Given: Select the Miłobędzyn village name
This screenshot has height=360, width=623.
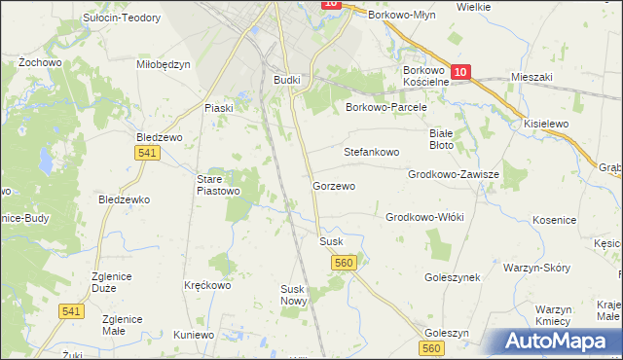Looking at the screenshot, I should click(x=164, y=64).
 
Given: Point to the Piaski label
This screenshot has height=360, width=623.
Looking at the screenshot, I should click(x=218, y=108).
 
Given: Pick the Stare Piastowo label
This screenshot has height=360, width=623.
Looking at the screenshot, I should click(x=219, y=185).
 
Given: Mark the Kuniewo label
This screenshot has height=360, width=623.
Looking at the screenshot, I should click(x=194, y=335).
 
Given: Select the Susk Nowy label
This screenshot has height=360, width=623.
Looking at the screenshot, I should click(x=294, y=295).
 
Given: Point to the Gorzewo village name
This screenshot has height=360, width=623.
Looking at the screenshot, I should click(x=334, y=185).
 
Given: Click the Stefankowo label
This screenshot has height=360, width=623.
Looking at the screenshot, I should click(x=372, y=153).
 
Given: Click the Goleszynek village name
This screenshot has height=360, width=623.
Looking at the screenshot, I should click(x=453, y=277).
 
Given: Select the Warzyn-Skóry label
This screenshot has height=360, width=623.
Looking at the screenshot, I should click(x=536, y=267).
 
